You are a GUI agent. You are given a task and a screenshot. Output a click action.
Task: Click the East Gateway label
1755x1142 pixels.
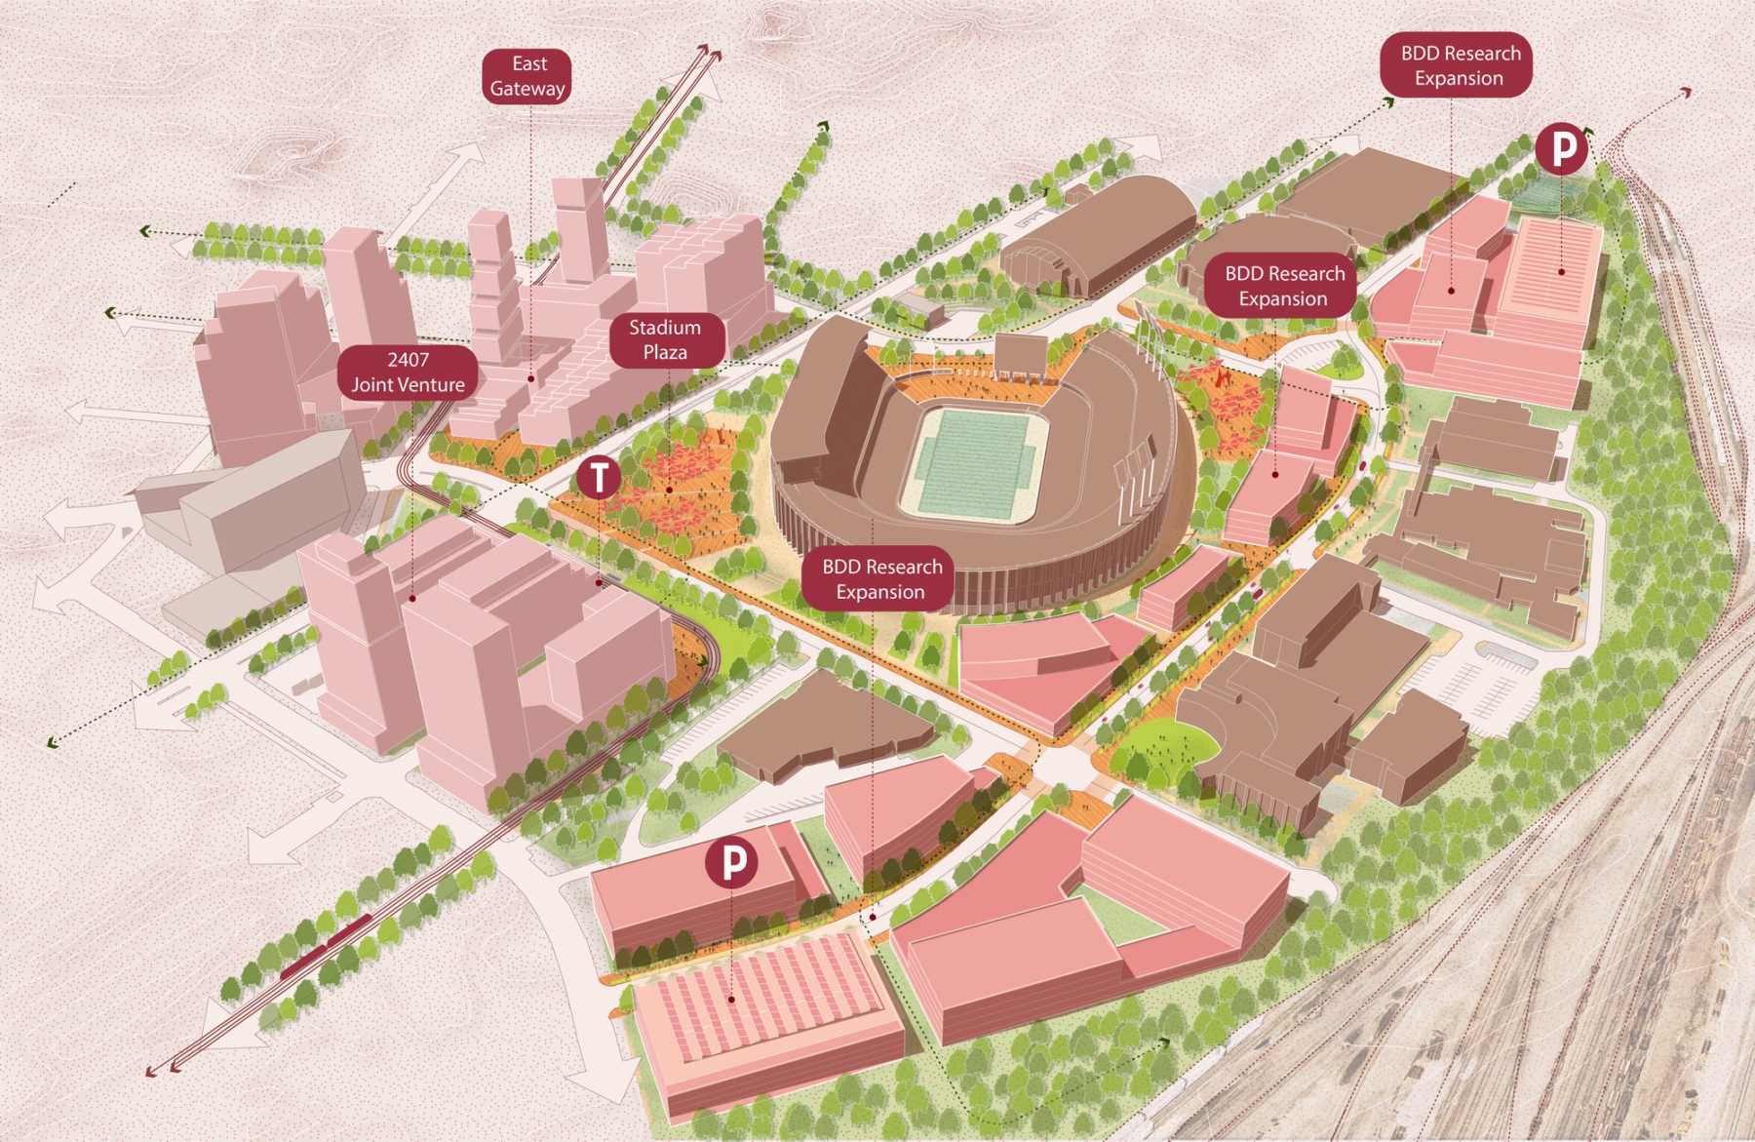tap(527, 76)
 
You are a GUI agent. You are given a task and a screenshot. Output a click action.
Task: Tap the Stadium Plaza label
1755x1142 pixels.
tap(665, 339)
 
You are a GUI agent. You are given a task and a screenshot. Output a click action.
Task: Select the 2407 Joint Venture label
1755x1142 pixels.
tap(408, 373)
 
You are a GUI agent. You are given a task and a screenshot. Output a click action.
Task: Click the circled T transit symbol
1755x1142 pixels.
tap(599, 477)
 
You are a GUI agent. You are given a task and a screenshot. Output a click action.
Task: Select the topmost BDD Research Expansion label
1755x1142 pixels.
tap(1460, 65)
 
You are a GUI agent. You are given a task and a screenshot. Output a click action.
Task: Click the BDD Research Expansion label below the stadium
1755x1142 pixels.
tap(881, 579)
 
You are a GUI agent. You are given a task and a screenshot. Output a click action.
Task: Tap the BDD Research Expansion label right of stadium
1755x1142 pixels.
tap(1284, 287)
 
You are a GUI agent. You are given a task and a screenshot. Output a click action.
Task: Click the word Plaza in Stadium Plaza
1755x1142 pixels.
tap(665, 352)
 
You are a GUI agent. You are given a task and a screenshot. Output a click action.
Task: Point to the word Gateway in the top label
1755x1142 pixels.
tap(527, 89)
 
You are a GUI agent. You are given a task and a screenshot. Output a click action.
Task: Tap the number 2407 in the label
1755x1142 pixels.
tap(408, 360)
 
